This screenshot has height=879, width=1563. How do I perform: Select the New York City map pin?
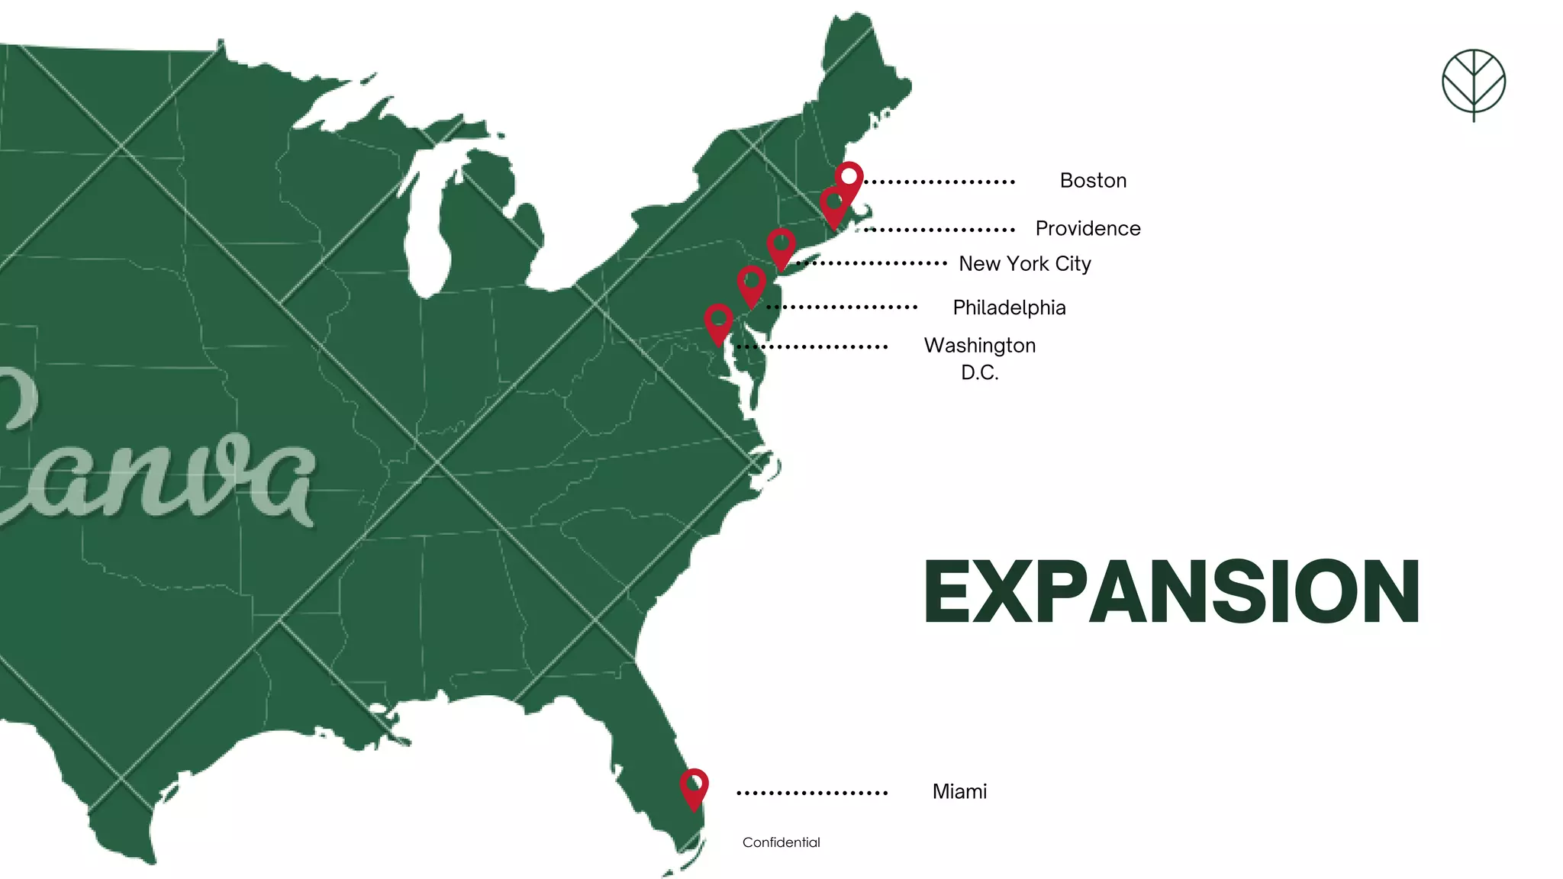coord(781,246)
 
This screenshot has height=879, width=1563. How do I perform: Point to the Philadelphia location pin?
coord(752,283)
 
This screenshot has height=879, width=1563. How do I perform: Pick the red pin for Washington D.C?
coord(718,321)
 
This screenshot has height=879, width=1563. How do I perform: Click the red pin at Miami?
coord(694,786)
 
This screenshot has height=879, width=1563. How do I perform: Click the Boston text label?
coord(1093,181)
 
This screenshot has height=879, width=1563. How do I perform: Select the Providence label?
coord(1088,228)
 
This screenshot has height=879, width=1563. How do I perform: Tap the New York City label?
coord(1024,264)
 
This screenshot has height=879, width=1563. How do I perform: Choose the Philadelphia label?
coord(1009,307)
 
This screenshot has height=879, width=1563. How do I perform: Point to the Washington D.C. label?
coord(980,358)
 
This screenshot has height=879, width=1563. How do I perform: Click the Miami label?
coord(959,791)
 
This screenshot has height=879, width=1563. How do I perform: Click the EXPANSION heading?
coord(1171,592)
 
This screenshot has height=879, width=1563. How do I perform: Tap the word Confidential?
coord(781,842)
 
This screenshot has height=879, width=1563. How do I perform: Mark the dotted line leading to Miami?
coord(811,793)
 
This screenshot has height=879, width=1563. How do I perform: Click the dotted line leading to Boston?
coord(939,182)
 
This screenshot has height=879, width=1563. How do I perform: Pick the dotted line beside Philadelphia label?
coord(841,307)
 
